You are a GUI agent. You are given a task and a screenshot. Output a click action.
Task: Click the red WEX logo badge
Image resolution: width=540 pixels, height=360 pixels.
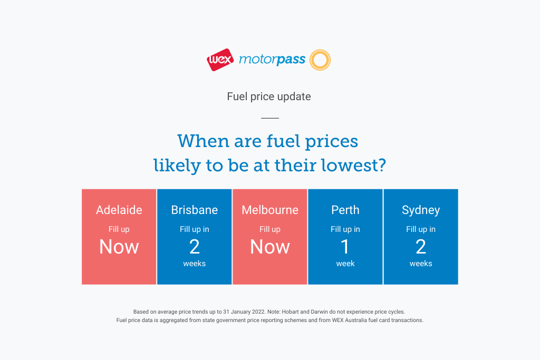(220, 60)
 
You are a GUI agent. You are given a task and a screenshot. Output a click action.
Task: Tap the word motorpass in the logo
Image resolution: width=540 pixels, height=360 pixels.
(272, 60)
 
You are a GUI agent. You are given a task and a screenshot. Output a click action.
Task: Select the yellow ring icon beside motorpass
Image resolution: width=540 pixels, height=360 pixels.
(320, 60)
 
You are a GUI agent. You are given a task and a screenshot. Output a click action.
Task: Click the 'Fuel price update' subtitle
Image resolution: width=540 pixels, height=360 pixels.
(269, 96)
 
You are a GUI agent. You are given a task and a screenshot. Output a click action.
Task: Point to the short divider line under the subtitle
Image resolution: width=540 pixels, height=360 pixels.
(270, 118)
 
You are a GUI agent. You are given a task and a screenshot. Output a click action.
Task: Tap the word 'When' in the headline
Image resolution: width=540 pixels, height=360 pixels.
(203, 141)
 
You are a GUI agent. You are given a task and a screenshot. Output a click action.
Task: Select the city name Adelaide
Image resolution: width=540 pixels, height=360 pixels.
(119, 210)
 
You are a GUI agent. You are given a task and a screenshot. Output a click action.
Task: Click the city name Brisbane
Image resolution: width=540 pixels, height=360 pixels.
(195, 210)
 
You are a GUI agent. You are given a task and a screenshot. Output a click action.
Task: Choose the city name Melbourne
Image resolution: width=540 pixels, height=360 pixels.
(270, 210)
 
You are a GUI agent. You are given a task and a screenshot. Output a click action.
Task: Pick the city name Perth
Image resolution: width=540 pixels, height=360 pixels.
(345, 210)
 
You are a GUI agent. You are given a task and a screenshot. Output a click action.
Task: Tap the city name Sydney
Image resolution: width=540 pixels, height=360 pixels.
(421, 210)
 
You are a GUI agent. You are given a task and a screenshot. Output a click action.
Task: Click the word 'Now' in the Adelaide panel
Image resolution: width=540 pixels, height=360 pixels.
(119, 247)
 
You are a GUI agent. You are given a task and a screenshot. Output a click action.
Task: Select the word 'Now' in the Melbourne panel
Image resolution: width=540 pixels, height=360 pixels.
(270, 247)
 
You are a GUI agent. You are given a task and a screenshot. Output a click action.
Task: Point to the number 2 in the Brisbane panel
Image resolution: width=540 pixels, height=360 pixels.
(195, 247)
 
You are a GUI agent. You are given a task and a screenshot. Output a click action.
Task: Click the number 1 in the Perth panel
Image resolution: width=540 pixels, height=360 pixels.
(345, 247)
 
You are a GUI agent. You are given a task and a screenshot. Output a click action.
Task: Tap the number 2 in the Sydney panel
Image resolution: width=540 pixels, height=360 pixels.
(421, 247)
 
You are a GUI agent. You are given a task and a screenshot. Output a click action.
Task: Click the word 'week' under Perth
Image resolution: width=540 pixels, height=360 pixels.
(345, 264)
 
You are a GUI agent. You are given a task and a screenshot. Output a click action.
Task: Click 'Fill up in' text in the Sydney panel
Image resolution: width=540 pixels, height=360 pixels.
(421, 230)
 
